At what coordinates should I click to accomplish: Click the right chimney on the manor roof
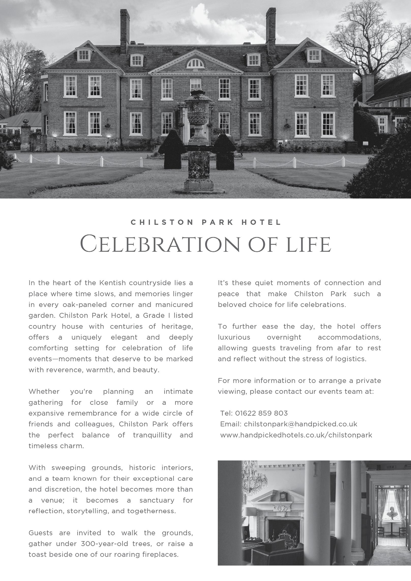[271, 29]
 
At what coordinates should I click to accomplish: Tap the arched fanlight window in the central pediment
[195, 63]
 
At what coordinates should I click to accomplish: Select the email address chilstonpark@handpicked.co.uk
[300, 424]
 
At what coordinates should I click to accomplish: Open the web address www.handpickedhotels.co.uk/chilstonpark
[296, 435]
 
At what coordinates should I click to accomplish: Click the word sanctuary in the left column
[157, 500]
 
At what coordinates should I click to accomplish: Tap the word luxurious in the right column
[234, 337]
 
